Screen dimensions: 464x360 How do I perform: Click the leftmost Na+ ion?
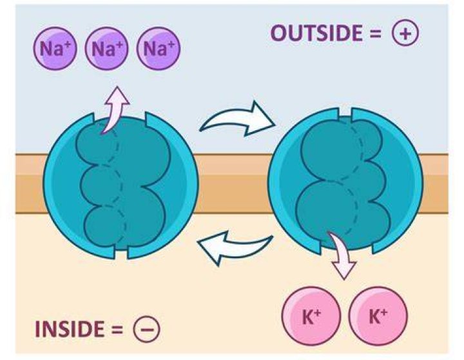coord(55,48)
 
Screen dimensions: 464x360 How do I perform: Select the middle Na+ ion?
coord(107,48)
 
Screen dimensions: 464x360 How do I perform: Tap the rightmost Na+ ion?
coord(159,48)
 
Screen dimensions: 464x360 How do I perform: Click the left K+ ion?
coord(311,316)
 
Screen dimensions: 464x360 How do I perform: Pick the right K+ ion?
coord(378,316)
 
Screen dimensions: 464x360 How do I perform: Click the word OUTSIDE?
coord(316,33)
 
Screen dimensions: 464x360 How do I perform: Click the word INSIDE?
coord(70,329)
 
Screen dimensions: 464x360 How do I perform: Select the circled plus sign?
coord(405,33)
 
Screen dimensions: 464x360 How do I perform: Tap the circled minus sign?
coord(146,329)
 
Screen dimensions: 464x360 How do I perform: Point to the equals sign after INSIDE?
coord(117,330)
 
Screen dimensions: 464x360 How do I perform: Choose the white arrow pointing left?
coord(234,247)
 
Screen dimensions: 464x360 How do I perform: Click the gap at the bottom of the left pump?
coord(121,251)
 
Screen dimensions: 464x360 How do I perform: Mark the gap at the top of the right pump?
coord(345,115)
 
